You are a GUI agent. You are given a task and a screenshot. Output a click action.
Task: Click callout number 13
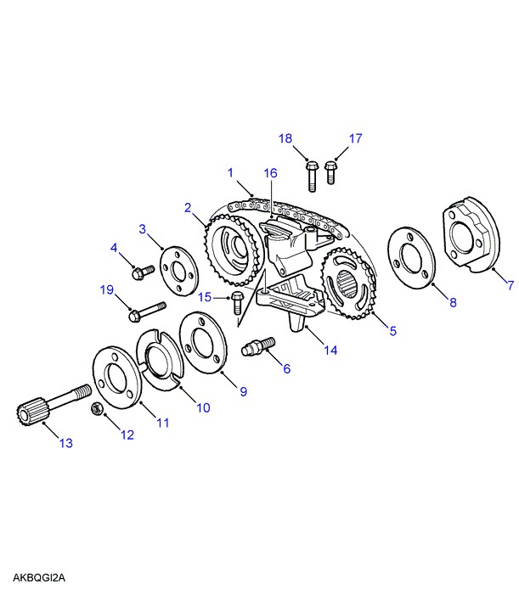(65, 443)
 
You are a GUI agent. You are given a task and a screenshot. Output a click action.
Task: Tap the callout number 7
(510, 286)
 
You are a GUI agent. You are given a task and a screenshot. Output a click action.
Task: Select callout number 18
(286, 138)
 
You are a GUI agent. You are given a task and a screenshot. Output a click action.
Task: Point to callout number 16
(269, 173)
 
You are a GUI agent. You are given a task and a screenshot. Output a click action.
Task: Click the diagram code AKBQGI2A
(39, 578)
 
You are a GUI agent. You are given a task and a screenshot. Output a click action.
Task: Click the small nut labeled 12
(97, 410)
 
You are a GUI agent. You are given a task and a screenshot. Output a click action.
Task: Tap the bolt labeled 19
(149, 311)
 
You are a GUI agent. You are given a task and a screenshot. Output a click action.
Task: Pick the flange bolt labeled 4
(141, 272)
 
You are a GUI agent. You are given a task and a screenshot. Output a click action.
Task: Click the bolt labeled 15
(238, 300)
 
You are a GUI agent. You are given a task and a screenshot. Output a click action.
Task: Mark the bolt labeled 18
(311, 174)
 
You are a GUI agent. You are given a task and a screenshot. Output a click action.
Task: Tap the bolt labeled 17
(330, 171)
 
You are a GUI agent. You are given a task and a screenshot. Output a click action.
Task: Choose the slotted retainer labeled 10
(161, 359)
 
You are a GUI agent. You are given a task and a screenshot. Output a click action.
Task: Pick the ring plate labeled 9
(202, 345)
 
